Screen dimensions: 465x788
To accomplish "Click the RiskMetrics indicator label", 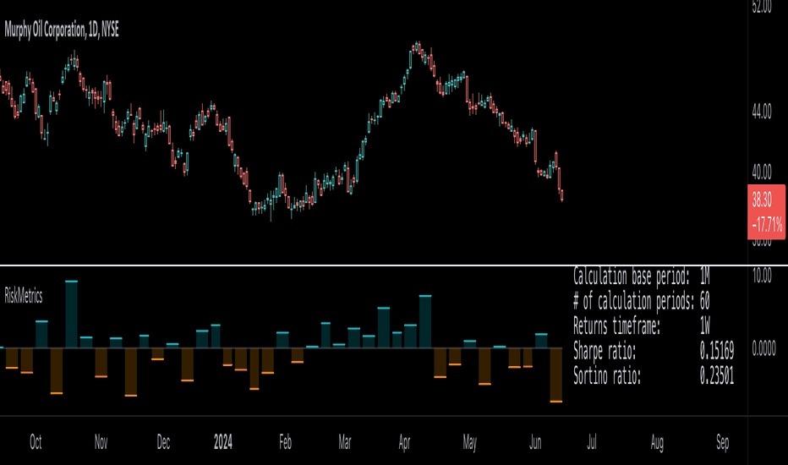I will point(24,296).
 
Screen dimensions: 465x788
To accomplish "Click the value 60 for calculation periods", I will point(705,300).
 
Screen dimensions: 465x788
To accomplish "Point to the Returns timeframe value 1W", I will point(705,325).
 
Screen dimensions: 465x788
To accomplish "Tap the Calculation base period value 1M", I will point(705,276).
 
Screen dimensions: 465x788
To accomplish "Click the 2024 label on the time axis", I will point(222,441).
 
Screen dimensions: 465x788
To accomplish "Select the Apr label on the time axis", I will point(405,441).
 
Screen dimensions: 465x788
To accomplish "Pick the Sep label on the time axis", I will point(722,441).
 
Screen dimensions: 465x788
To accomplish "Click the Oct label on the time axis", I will point(36,441).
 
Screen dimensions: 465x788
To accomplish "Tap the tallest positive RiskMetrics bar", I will point(71,314).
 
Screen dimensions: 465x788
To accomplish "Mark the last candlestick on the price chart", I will point(562,195).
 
